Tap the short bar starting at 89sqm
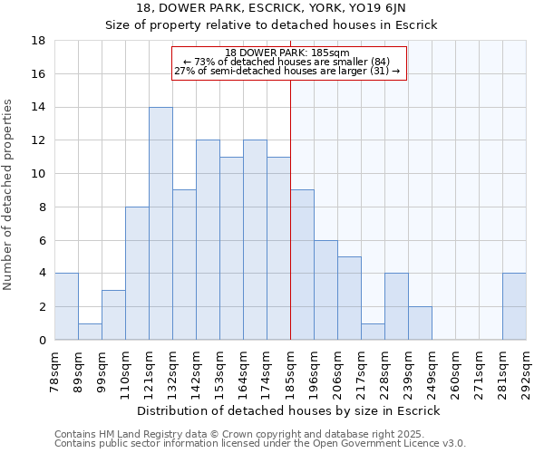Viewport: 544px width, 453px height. [90, 332]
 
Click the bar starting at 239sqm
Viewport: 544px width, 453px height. [420, 323]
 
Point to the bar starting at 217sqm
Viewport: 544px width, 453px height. [373, 332]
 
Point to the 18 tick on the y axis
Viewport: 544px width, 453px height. [39, 41]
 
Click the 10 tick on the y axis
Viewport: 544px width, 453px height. [39, 174]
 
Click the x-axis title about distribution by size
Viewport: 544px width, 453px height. [290, 410]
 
